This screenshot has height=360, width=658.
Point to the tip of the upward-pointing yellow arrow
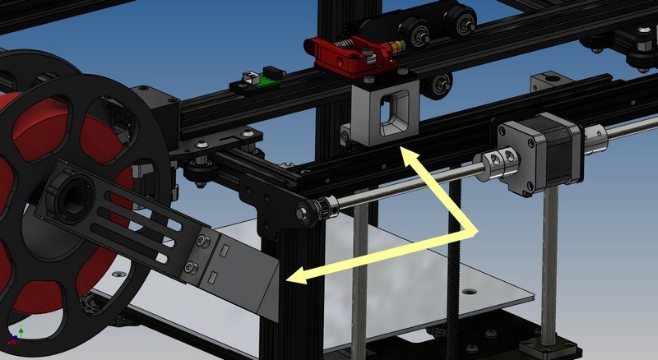coord(401,148)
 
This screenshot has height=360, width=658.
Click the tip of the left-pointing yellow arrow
coord(285,280)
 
